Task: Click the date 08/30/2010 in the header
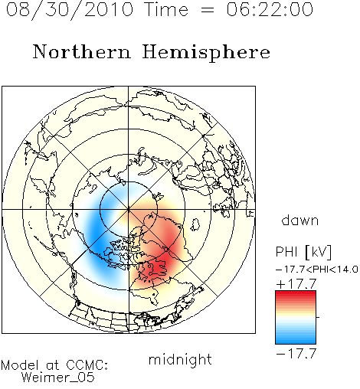coord(70,10)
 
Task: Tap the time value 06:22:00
coord(270,9)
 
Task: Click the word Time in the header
coord(166,9)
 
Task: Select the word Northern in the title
coord(82,51)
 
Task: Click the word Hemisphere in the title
coord(206,53)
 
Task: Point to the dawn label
coord(300,220)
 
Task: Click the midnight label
coord(180,359)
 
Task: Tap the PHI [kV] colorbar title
coord(303,252)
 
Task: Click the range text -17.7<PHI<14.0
coord(317,270)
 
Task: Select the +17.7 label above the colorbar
coord(296,284)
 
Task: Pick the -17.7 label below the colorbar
coord(296,354)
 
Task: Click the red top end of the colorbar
coord(296,293)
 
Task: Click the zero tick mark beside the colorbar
coord(318,317)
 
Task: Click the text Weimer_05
coord(58,378)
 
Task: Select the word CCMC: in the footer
coord(87,365)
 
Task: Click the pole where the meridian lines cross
coord(129,209)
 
